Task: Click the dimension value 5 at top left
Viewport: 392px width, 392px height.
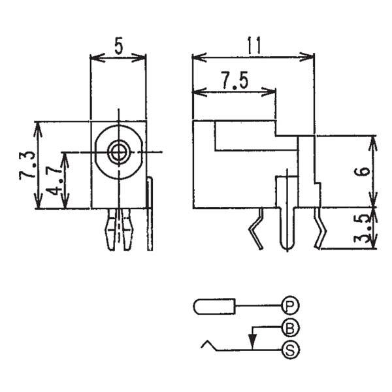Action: [118, 46]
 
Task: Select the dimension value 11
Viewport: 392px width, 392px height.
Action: [254, 45]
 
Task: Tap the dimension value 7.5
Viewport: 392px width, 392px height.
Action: [234, 80]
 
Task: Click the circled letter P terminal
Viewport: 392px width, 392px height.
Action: [289, 304]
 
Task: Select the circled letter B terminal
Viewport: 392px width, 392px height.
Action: [289, 327]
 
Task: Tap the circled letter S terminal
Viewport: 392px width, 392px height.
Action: [289, 350]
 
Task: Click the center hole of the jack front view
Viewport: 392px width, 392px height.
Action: [118, 152]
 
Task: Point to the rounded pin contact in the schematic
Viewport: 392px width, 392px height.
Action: [214, 305]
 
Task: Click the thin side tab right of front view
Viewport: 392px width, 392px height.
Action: [150, 216]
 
